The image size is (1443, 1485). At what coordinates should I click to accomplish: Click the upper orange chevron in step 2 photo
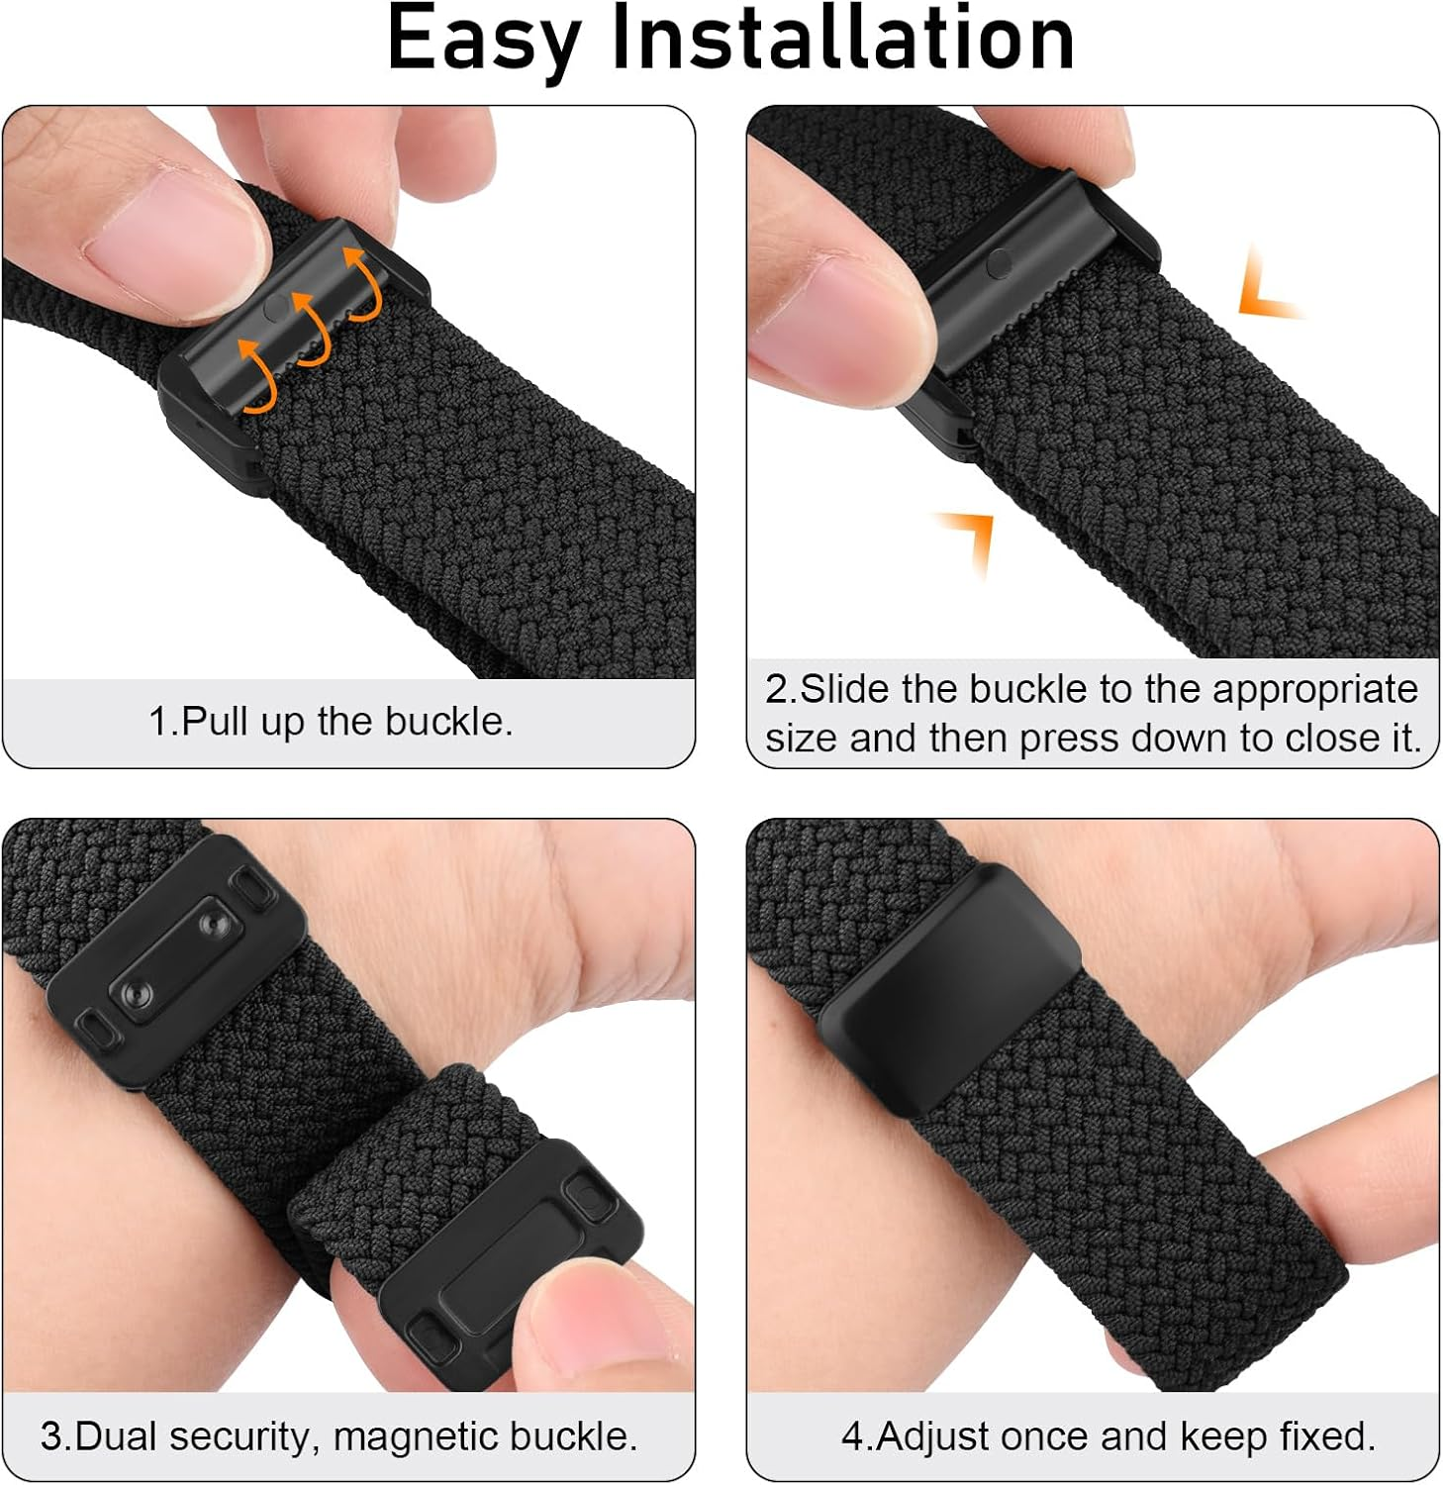(x=1268, y=288)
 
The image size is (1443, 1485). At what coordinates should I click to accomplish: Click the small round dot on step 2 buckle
(x=1000, y=261)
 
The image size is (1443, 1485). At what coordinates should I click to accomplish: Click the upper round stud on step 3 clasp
(x=211, y=923)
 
